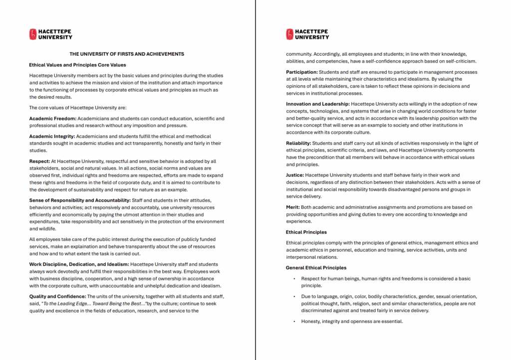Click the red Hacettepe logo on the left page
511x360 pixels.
point(33,34)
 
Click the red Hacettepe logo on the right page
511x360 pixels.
point(289,34)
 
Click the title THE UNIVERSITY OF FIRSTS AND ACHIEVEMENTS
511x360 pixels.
point(127,54)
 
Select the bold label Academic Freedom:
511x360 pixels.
point(52,119)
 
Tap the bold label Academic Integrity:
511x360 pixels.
point(52,136)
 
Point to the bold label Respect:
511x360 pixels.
point(39,161)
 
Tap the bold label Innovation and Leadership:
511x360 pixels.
point(317,104)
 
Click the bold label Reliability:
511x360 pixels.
point(298,143)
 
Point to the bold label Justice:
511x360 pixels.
point(295,175)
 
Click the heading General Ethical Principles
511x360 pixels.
point(316,268)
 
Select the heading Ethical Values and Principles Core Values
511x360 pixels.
point(77,65)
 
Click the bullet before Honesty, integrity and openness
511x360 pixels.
point(294,322)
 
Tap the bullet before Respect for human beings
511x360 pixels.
point(294,279)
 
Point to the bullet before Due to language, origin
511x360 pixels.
point(294,297)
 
